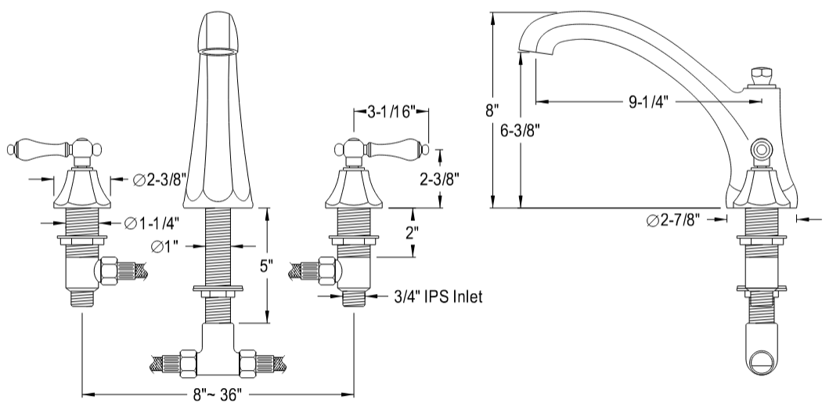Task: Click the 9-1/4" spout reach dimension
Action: click(x=649, y=101)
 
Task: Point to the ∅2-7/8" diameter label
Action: click(x=673, y=220)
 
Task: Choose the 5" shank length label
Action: click(x=266, y=267)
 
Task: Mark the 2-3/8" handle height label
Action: click(x=438, y=180)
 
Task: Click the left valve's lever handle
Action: click(x=39, y=147)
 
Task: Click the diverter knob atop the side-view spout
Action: click(x=758, y=77)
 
